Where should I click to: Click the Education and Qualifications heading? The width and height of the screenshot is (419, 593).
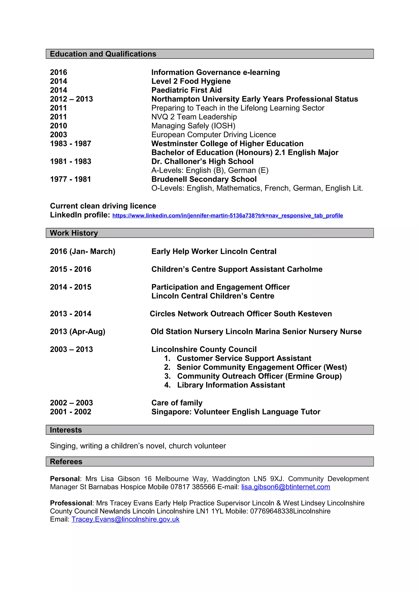(x=103, y=54)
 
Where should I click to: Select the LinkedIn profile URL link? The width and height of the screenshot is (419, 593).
(x=228, y=215)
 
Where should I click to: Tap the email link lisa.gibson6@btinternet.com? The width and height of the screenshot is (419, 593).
(x=286, y=487)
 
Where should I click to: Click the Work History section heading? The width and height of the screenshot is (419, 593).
(x=74, y=233)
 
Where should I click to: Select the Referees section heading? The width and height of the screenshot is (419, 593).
(x=66, y=462)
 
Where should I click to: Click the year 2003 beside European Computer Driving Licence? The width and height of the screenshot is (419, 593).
(x=59, y=135)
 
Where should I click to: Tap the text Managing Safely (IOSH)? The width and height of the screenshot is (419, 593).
(x=193, y=126)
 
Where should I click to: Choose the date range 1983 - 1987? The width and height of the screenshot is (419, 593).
(x=70, y=144)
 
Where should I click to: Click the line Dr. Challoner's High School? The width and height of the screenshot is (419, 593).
(x=202, y=161)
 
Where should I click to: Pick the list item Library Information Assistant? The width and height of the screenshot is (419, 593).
(x=231, y=385)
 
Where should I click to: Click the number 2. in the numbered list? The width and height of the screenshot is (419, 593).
(x=167, y=367)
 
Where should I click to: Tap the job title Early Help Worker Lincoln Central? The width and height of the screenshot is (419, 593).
(x=214, y=251)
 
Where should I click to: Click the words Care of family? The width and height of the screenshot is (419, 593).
(x=177, y=403)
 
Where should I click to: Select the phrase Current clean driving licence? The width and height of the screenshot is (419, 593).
(x=103, y=206)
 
